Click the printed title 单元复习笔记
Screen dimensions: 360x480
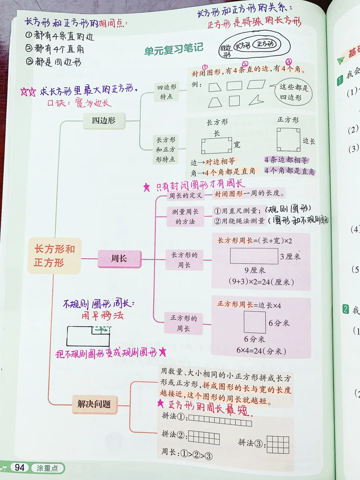174,49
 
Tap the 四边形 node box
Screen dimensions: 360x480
104,121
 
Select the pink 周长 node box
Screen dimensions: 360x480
119,259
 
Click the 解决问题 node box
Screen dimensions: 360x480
94,404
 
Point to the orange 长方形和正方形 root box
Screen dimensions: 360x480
54,256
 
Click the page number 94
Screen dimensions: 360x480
20,468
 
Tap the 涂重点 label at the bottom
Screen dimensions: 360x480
47,468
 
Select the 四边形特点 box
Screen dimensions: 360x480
166,92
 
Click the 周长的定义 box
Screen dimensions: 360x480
185,196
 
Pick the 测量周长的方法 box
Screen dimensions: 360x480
185,217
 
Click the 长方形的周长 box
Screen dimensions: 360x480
184,260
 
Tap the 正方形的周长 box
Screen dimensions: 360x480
183,323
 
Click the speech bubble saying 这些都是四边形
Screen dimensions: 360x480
293,92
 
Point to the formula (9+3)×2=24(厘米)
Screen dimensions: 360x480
261,282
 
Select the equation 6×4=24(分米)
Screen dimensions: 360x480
261,351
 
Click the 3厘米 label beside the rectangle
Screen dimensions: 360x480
290,256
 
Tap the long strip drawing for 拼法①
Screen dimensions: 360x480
220,421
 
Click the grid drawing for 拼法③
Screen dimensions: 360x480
278,445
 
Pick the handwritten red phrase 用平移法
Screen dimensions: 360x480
103,315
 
